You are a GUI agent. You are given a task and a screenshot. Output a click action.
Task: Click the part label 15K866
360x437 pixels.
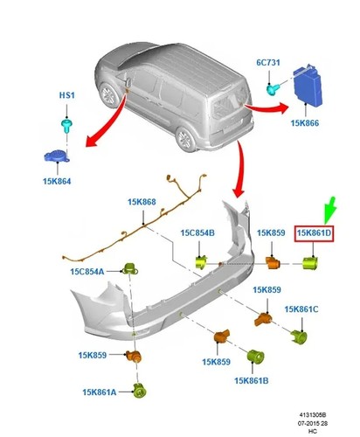point(305,123)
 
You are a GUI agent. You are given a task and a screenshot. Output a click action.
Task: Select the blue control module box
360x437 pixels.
point(308,86)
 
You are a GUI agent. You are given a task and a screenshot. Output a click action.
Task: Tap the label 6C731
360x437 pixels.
point(268,62)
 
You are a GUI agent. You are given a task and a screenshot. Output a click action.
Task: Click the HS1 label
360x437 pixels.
point(67,95)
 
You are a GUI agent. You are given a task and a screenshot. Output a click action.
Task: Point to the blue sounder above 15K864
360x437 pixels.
point(57,156)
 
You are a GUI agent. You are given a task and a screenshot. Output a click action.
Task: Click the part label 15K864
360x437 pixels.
point(57,181)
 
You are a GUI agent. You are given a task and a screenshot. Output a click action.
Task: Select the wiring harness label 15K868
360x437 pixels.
point(142,202)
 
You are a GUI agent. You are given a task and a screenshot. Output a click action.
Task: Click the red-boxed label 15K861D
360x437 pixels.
point(314,233)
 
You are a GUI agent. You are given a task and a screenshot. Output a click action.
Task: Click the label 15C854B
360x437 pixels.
point(197,232)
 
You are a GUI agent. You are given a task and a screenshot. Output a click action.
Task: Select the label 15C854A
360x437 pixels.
point(87,272)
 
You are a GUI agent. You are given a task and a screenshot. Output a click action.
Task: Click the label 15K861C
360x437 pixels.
point(301,309)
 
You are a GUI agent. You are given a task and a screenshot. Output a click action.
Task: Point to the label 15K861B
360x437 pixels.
point(252,380)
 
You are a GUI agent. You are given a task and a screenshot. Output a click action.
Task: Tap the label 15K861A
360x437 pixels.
point(100,392)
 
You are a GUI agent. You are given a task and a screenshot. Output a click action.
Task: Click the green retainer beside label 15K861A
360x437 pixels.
point(140,391)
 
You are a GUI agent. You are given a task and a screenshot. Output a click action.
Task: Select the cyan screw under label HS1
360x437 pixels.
point(67,125)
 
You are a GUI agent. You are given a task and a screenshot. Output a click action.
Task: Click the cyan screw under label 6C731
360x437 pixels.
point(273,88)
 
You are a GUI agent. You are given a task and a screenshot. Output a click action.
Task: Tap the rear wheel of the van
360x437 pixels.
point(184,139)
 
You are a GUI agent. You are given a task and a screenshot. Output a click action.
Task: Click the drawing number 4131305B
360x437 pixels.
point(313,414)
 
